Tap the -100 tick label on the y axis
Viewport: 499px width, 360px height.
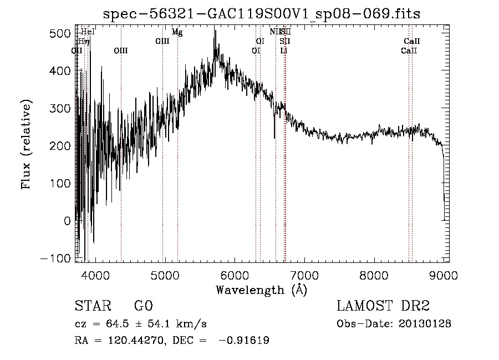[55, 258]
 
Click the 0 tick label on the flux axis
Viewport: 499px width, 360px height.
[67, 221]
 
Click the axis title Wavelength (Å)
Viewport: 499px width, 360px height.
[262, 290]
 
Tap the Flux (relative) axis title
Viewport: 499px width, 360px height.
[26, 144]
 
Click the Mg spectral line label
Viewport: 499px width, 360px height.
[177, 32]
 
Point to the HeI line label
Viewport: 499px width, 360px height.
[88, 32]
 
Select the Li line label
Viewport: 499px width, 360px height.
[284, 50]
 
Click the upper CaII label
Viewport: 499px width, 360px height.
[412, 42]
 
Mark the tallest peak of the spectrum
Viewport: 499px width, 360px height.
[215, 31]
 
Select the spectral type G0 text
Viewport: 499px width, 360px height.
[143, 306]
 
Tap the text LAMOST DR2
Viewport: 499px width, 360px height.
[383, 306]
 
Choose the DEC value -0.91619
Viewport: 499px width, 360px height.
[244, 341]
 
